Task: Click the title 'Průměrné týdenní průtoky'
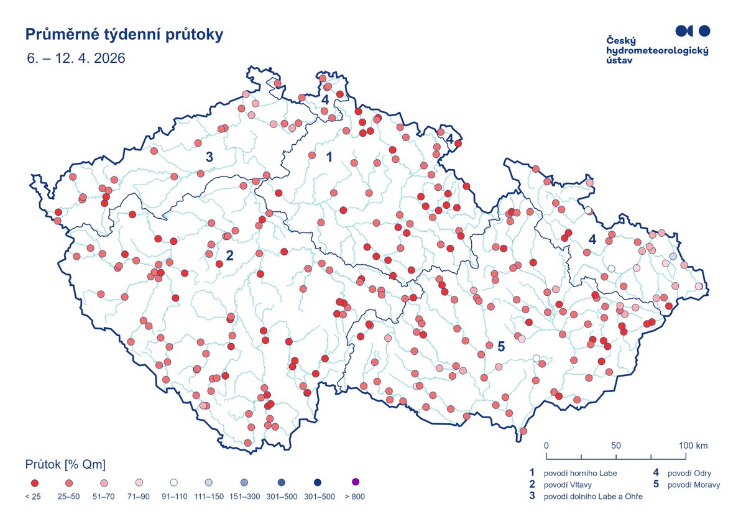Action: click(124, 35)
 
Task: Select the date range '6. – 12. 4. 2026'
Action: click(76, 58)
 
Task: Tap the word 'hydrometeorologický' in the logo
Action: click(657, 50)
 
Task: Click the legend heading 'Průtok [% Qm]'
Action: click(65, 465)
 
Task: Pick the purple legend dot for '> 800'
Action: click(356, 482)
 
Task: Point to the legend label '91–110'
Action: click(174, 497)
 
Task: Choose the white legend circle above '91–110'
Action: click(174, 482)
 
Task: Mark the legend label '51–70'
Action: click(104, 497)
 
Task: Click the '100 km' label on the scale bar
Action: click(693, 446)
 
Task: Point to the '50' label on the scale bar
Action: click(616, 446)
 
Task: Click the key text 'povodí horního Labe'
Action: click(581, 474)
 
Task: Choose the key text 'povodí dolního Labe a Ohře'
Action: click(593, 497)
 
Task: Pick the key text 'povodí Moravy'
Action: click(694, 485)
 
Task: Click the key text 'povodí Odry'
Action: click(689, 474)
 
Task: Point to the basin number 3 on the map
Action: click(210, 157)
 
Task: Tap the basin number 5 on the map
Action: click(501, 346)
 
